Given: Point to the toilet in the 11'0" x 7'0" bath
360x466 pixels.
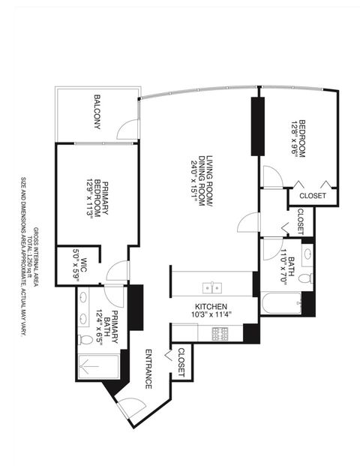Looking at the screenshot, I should click(304, 278).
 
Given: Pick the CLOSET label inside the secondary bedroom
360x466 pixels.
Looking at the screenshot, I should click(312, 196).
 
